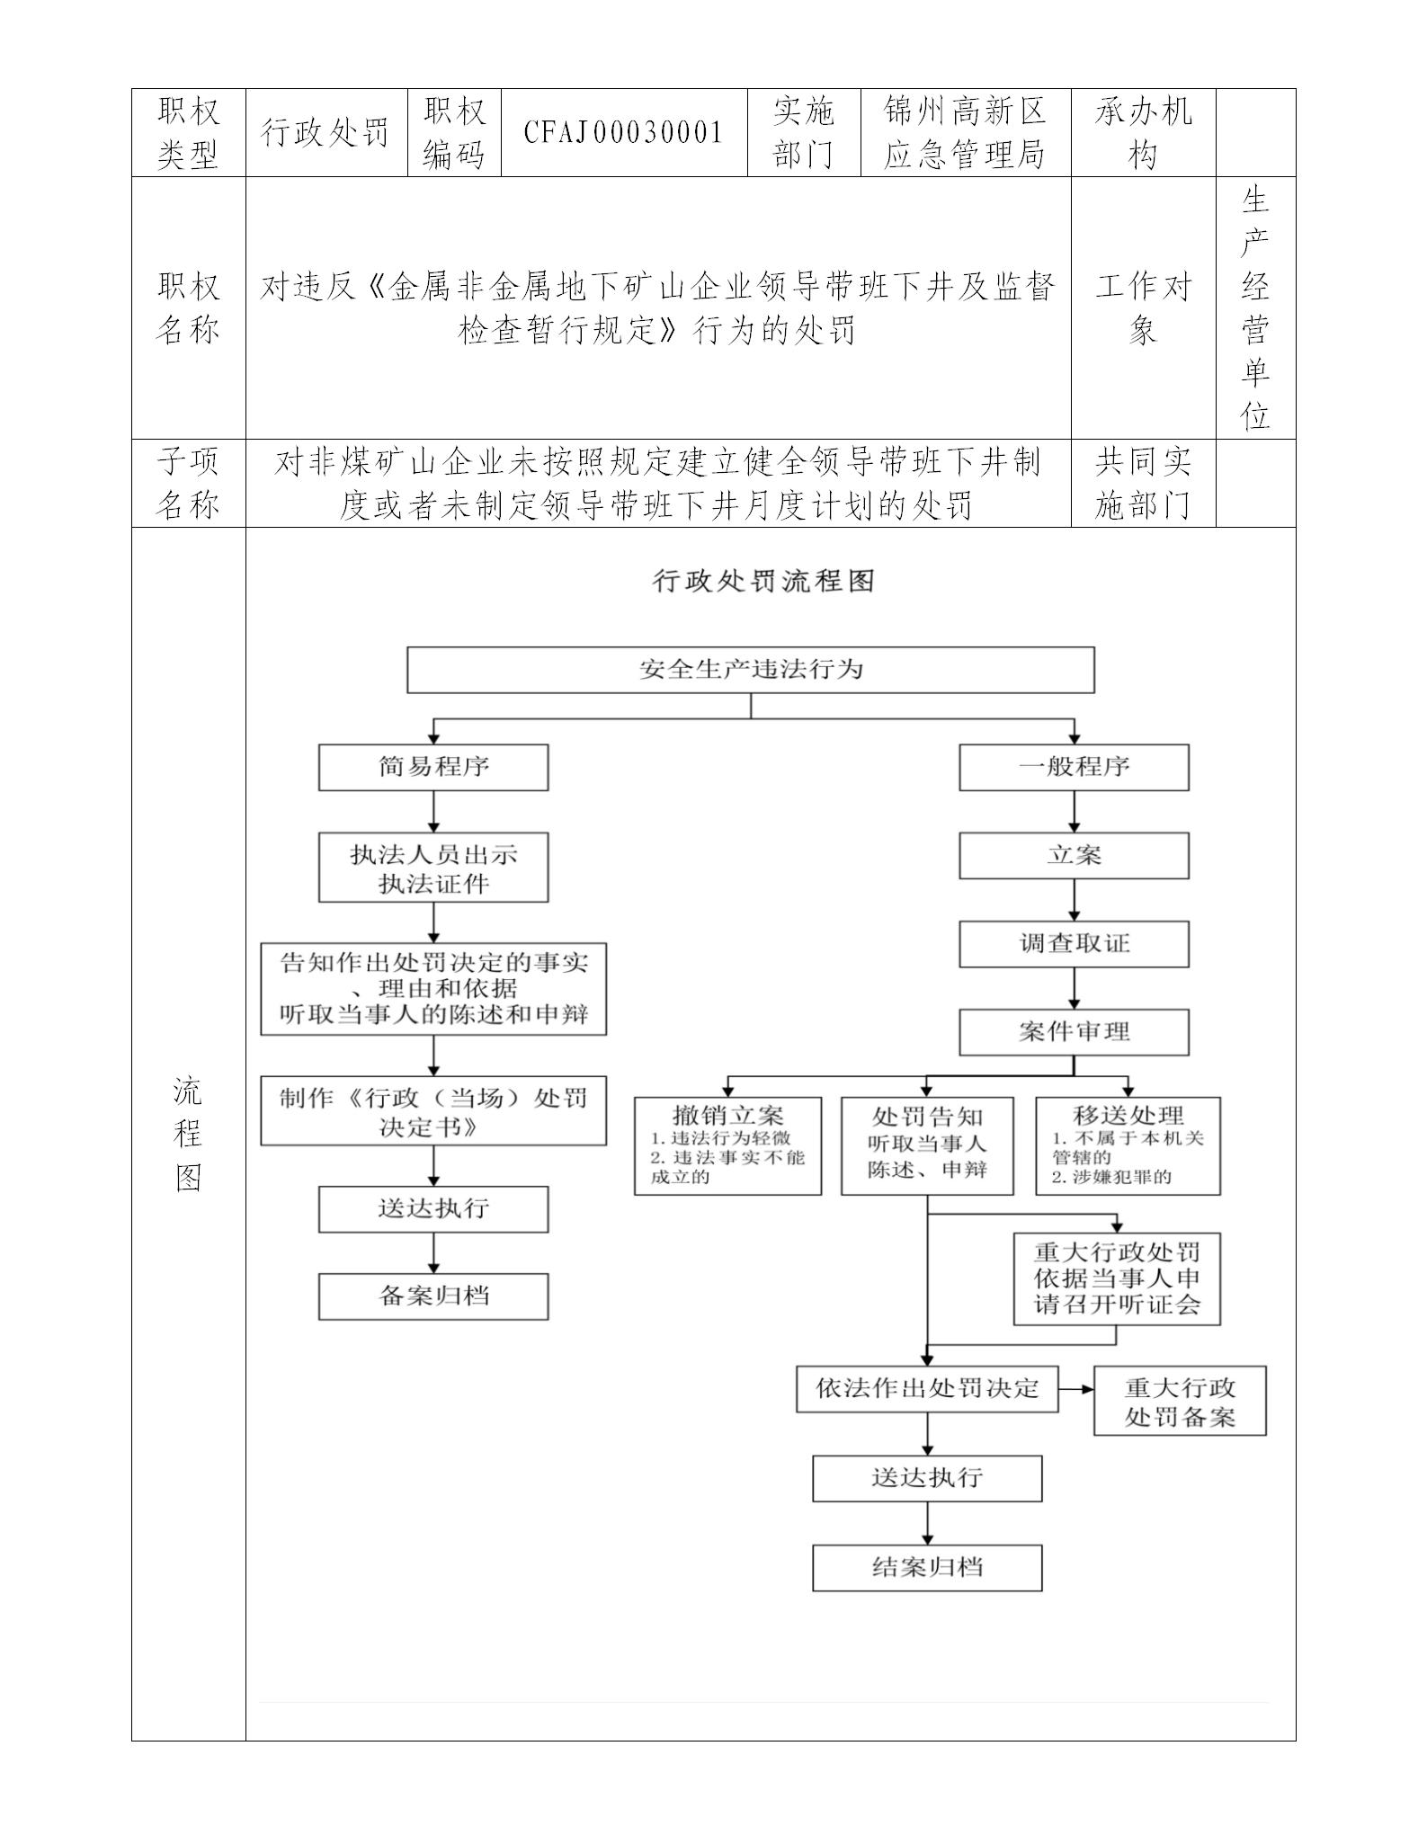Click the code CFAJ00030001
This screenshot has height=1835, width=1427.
[x=624, y=133]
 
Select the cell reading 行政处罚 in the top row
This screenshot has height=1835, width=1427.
[x=326, y=133]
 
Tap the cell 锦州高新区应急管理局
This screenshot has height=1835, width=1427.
[x=965, y=133]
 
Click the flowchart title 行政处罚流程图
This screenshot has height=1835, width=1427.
[x=763, y=581]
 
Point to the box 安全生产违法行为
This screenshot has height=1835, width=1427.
[x=751, y=670]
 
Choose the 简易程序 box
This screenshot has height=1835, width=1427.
[x=433, y=768]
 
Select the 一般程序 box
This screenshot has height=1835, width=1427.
[x=1074, y=768]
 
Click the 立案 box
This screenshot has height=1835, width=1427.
[x=1074, y=856]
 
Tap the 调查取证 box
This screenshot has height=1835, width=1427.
[x=1074, y=944]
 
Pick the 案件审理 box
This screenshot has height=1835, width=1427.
[x=1074, y=1032]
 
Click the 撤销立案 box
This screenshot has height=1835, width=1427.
[x=727, y=1145]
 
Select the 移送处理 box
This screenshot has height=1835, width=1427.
[x=1128, y=1145]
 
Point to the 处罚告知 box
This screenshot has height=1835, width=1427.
[x=927, y=1145]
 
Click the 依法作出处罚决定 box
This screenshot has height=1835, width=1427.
[x=927, y=1389]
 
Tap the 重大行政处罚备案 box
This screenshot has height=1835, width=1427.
[x=1180, y=1402]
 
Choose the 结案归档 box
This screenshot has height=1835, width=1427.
[x=927, y=1568]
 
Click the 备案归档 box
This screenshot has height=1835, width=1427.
[x=433, y=1296]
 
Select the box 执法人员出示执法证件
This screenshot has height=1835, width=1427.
[x=433, y=868]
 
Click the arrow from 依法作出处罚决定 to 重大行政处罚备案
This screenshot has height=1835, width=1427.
[x=1075, y=1389]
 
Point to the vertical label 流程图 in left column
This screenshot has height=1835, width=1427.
[x=188, y=1134]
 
